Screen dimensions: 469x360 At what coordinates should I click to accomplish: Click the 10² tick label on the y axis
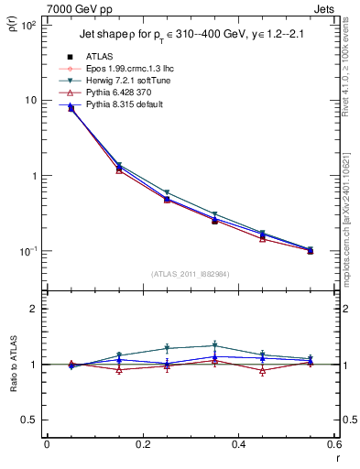tap(30, 25)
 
